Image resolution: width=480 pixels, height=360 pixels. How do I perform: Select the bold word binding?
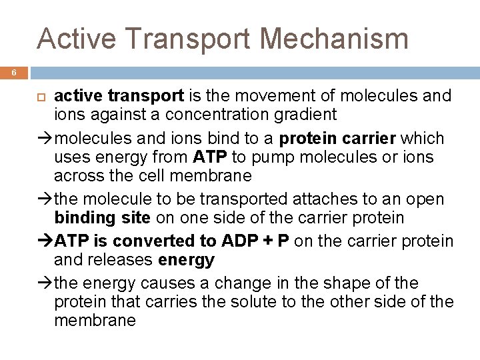[83, 218]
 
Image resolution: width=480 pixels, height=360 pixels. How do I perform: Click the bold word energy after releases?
[187, 259]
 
